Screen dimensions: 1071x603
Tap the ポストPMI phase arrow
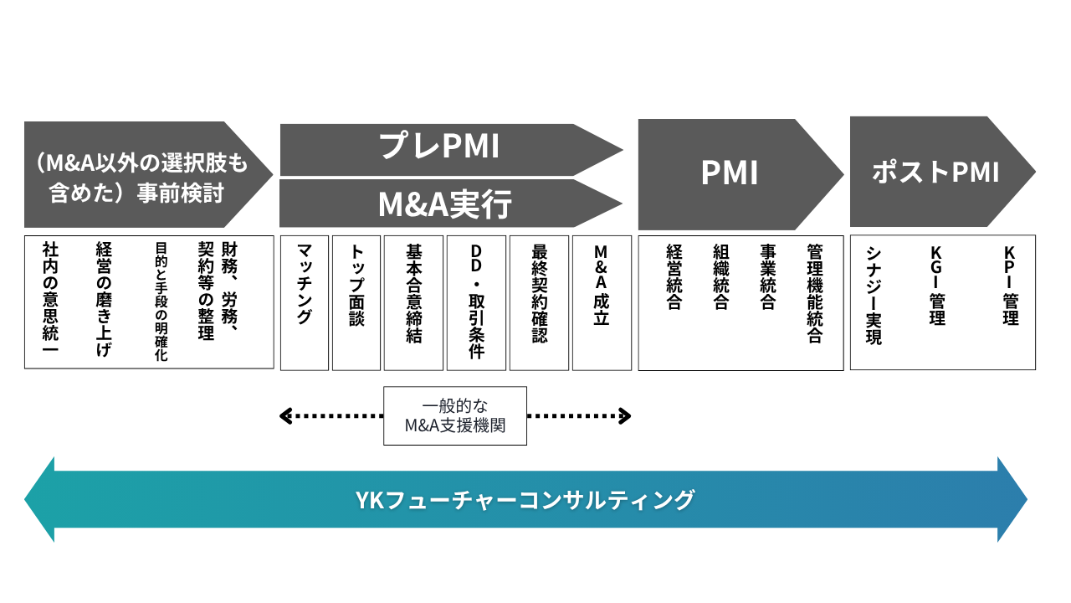(942, 172)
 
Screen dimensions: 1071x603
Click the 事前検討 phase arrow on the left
(148, 174)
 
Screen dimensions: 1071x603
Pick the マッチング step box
(304, 303)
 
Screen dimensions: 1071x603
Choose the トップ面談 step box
(356, 303)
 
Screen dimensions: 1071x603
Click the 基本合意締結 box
(413, 303)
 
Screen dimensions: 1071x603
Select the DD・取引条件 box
(476, 303)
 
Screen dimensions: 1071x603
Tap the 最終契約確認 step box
(540, 303)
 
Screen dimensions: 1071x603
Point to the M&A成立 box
(602, 303)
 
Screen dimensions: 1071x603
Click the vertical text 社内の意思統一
(50, 297)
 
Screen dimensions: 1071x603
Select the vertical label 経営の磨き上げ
(104, 300)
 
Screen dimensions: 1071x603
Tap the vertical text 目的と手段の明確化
(161, 301)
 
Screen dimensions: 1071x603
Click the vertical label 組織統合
(721, 277)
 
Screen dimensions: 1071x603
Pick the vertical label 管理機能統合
(815, 294)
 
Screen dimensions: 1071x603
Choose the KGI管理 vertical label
(936, 286)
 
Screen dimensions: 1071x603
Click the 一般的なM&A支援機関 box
(455, 416)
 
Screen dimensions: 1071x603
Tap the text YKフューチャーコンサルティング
(525, 500)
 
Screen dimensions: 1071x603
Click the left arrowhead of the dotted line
(285, 416)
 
